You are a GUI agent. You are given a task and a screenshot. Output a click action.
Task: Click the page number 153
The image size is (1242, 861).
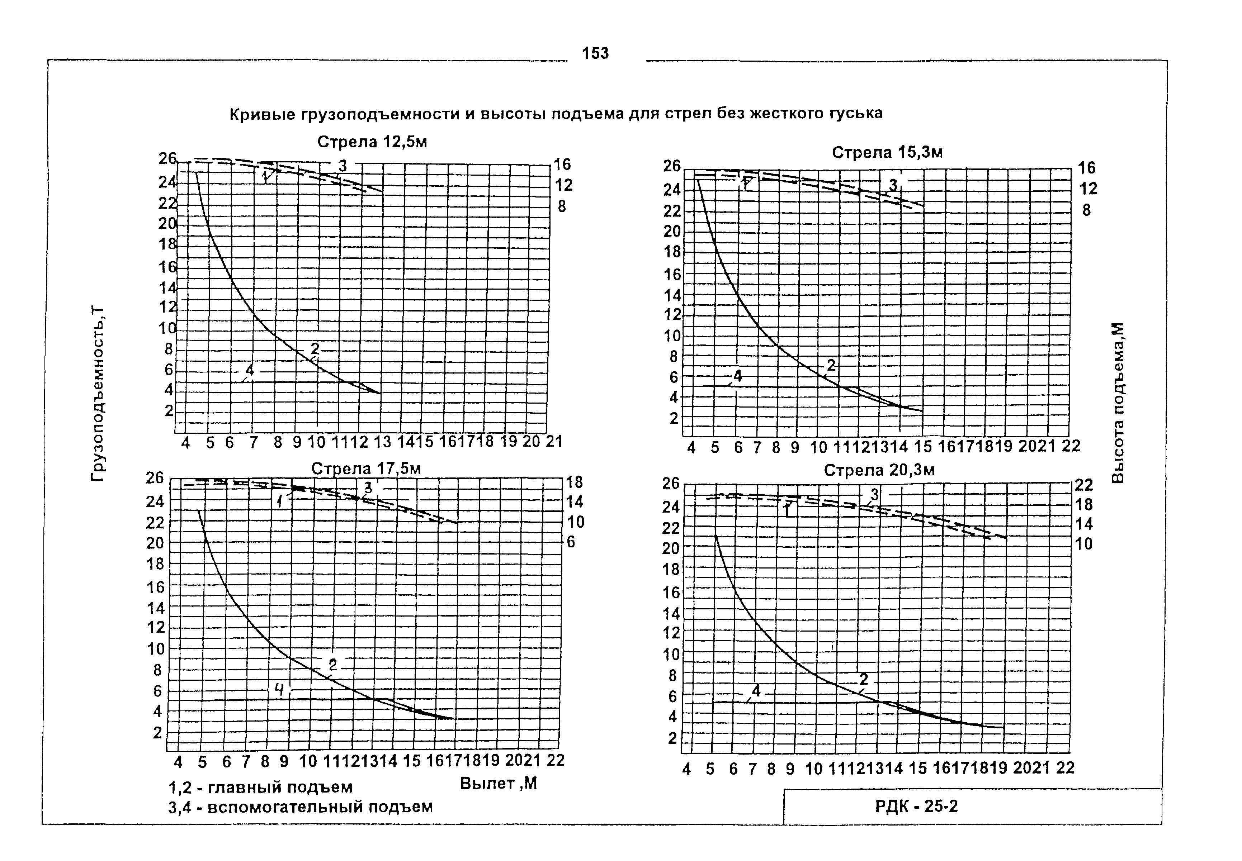pyautogui.click(x=595, y=53)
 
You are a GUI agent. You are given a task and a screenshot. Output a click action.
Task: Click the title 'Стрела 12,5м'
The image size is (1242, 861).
pyautogui.click(x=372, y=142)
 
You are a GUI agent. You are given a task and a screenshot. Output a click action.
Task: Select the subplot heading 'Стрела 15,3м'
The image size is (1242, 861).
pyautogui.click(x=887, y=153)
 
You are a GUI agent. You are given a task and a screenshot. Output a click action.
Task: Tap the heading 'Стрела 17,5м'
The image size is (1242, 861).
pyautogui.click(x=366, y=469)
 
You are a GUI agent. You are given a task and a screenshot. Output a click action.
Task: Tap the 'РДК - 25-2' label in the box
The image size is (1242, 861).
pyautogui.click(x=916, y=807)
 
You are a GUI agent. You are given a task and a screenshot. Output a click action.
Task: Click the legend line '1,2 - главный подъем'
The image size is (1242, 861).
pyautogui.click(x=260, y=788)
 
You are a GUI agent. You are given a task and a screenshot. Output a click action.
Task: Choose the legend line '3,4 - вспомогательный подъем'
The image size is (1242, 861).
pyautogui.click(x=300, y=807)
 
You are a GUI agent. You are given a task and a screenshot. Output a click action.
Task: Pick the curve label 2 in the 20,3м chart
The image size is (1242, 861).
pyautogui.click(x=864, y=679)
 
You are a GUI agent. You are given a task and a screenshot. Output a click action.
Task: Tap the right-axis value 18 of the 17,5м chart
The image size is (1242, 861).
pyautogui.click(x=574, y=482)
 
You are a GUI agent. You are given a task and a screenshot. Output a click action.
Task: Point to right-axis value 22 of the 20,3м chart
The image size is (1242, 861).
pyautogui.click(x=1084, y=485)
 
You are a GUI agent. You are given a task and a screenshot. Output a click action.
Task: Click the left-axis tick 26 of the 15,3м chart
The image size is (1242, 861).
pyautogui.click(x=672, y=166)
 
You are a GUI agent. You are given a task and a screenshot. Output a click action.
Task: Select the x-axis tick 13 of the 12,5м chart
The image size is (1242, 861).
pyautogui.click(x=382, y=442)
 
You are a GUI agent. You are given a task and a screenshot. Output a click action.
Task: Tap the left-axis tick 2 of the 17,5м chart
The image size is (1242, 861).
pyautogui.click(x=157, y=733)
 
